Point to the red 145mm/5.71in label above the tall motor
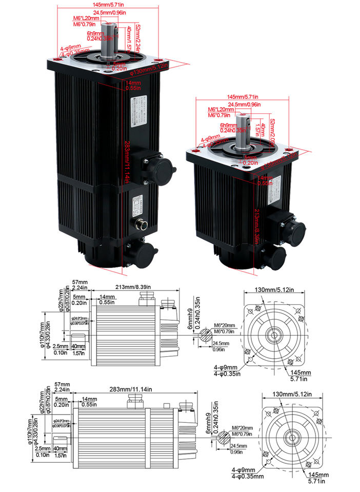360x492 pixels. click(x=108, y=4)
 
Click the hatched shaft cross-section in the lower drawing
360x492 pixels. click(x=224, y=439)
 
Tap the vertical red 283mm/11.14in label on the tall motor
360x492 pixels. click(x=126, y=160)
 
